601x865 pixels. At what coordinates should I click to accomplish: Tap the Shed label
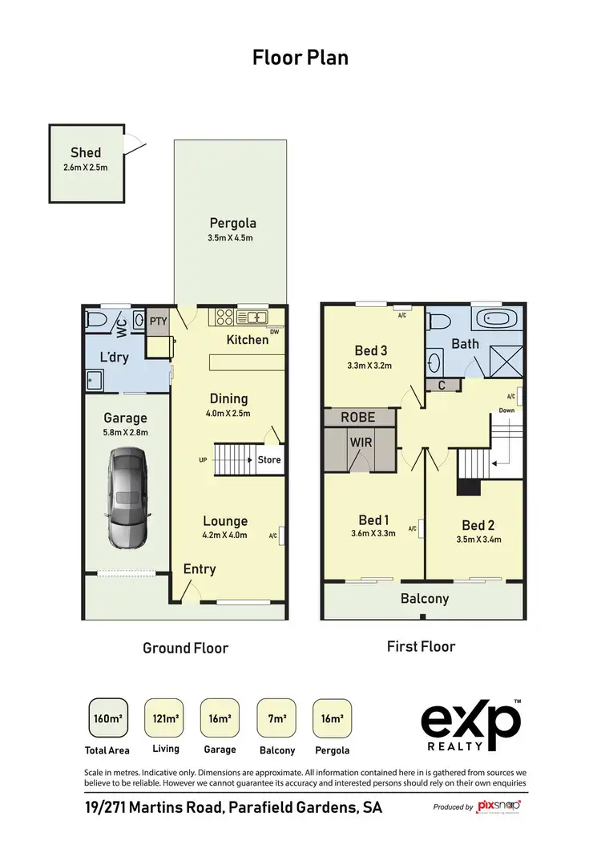pos(86,152)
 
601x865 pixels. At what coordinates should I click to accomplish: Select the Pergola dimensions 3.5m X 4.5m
pos(232,238)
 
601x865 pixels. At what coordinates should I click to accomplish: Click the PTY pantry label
pos(157,321)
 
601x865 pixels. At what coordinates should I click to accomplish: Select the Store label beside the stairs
pos(268,460)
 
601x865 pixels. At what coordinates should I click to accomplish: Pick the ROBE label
pos(358,417)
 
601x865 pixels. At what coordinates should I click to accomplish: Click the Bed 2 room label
pos(478,525)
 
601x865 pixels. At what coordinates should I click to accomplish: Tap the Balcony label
pos(425,599)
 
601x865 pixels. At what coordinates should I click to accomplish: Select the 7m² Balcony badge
pos(277,718)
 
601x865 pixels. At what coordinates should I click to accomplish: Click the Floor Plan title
pos(300,58)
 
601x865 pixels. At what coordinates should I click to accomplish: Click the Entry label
pos(200,568)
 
